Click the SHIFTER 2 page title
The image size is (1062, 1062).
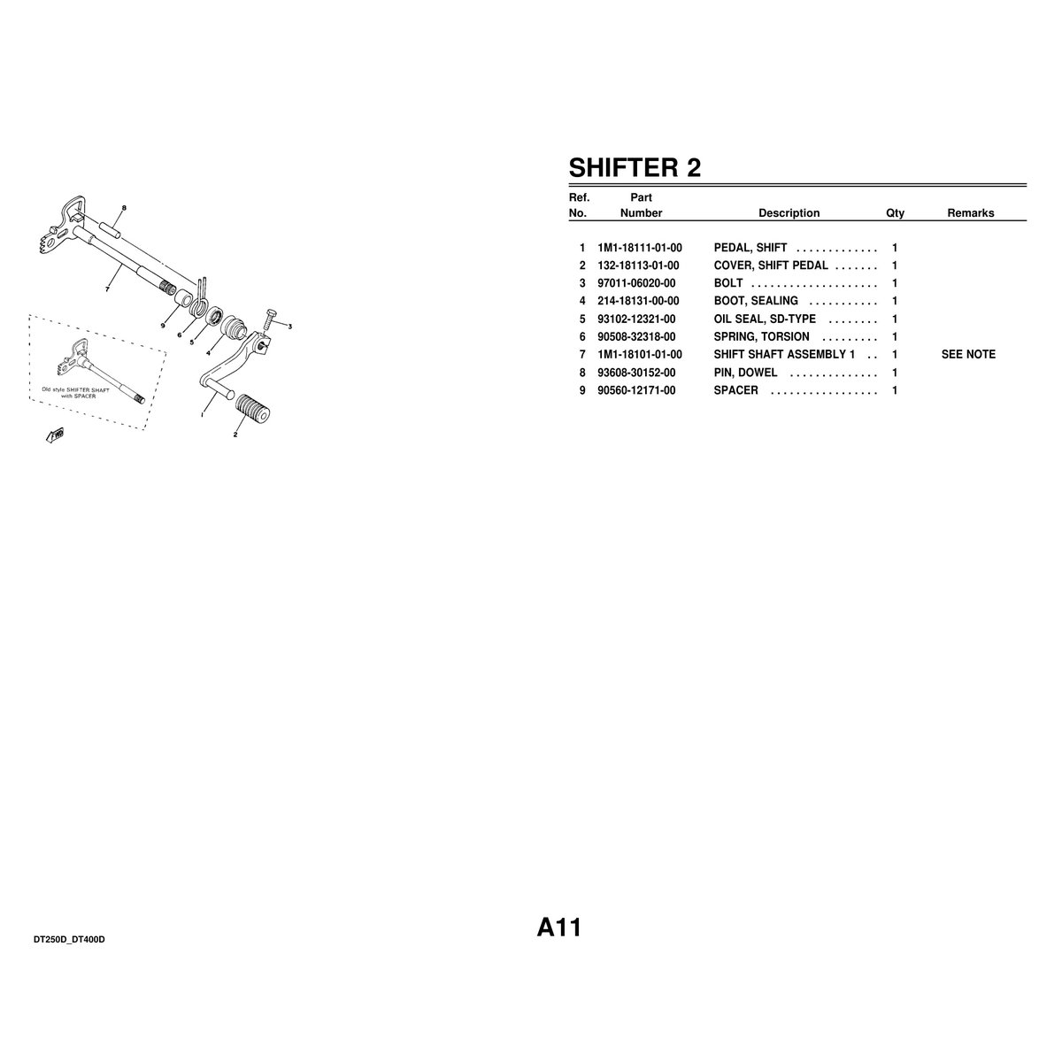[635, 167]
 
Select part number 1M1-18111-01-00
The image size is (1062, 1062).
[639, 248]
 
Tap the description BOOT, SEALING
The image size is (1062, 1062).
[756, 301]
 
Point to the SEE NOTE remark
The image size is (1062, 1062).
[968, 354]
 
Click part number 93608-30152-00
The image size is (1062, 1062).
[636, 373]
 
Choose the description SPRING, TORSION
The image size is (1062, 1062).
[762, 336]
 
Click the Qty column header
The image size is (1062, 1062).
[895, 213]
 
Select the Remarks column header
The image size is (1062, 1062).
[971, 213]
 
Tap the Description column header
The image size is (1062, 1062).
[789, 213]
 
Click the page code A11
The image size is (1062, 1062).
[558, 927]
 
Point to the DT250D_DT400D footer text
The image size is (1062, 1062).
[69, 940]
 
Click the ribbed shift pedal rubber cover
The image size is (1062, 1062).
[252, 410]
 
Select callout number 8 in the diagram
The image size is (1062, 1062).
[124, 208]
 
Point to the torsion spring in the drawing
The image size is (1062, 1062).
[199, 297]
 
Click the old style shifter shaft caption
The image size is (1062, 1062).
[75, 392]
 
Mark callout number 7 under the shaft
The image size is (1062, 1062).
[107, 289]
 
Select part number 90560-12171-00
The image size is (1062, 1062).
[636, 390]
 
